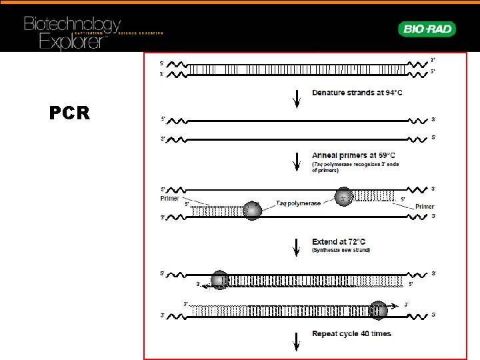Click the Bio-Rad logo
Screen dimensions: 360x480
point(427,29)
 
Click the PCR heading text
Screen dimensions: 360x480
point(69,113)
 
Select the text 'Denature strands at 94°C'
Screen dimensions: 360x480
point(357,92)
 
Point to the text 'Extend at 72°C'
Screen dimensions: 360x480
point(339,241)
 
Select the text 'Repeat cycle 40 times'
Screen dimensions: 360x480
point(351,333)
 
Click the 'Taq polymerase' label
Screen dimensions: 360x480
point(298,203)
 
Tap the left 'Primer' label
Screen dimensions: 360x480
point(171,197)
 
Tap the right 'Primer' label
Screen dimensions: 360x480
point(425,207)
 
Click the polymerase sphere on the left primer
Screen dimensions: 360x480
point(252,210)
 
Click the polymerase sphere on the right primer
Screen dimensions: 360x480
point(343,196)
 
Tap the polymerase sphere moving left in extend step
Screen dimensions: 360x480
point(219,279)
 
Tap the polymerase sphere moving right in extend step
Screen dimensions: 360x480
point(377,310)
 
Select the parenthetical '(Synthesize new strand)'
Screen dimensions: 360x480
point(341,251)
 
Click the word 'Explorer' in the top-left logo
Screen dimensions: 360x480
point(73,41)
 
